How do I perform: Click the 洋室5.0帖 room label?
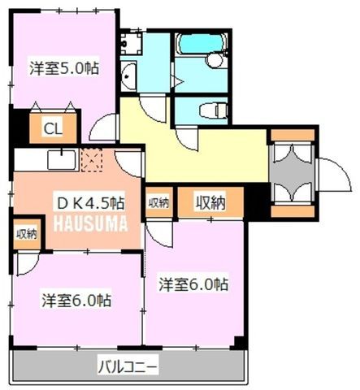point(64,68)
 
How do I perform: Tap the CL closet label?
point(53,128)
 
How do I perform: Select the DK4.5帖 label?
point(91,203)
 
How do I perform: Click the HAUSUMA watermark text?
point(90,223)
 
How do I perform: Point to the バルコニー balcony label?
point(128,367)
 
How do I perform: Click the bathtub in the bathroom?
point(201,43)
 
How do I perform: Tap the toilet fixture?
point(213,110)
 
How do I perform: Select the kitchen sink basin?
point(62,160)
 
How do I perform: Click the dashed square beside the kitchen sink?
point(92,160)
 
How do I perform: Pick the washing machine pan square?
point(131,43)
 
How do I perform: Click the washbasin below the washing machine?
point(128,76)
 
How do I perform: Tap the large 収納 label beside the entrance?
point(210,202)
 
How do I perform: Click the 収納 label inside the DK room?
point(27,234)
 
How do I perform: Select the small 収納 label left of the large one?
point(159,202)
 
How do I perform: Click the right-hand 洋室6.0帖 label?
point(193,284)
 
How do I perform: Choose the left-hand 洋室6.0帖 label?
point(76,300)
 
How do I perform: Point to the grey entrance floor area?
point(293,173)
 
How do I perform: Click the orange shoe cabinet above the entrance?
point(293,135)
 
